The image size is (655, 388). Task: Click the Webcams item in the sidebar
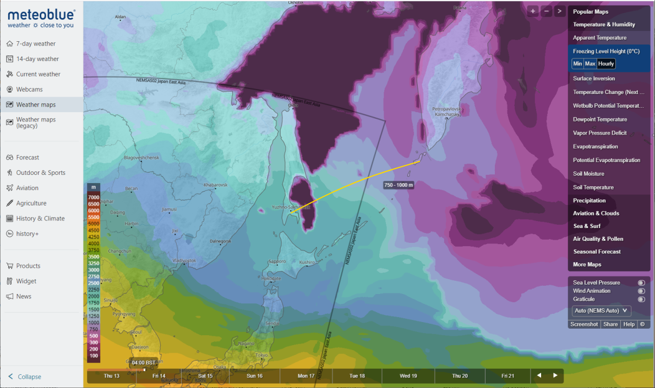[x=29, y=90]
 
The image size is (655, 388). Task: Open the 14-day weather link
[x=37, y=59]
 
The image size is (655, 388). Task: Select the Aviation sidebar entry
[x=28, y=188]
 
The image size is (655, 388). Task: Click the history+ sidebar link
[x=28, y=234]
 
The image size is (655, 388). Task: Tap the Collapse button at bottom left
[x=29, y=377]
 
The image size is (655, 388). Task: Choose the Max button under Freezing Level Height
[x=590, y=64]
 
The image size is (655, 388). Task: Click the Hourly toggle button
[x=606, y=64]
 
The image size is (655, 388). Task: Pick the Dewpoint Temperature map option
[x=600, y=119]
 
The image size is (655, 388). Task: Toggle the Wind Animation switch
[x=641, y=291]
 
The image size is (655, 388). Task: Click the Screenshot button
[x=584, y=324]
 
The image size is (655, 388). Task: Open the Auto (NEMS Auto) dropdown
[x=601, y=311]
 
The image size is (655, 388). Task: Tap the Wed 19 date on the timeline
[x=408, y=376]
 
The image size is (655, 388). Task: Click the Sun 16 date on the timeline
[x=254, y=376]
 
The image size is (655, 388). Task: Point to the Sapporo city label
[x=277, y=261]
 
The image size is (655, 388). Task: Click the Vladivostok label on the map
[x=184, y=260]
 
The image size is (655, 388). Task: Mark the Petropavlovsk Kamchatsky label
[x=446, y=112]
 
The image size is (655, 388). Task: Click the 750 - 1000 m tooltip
[x=399, y=185]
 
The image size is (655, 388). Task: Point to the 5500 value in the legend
[x=94, y=218]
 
